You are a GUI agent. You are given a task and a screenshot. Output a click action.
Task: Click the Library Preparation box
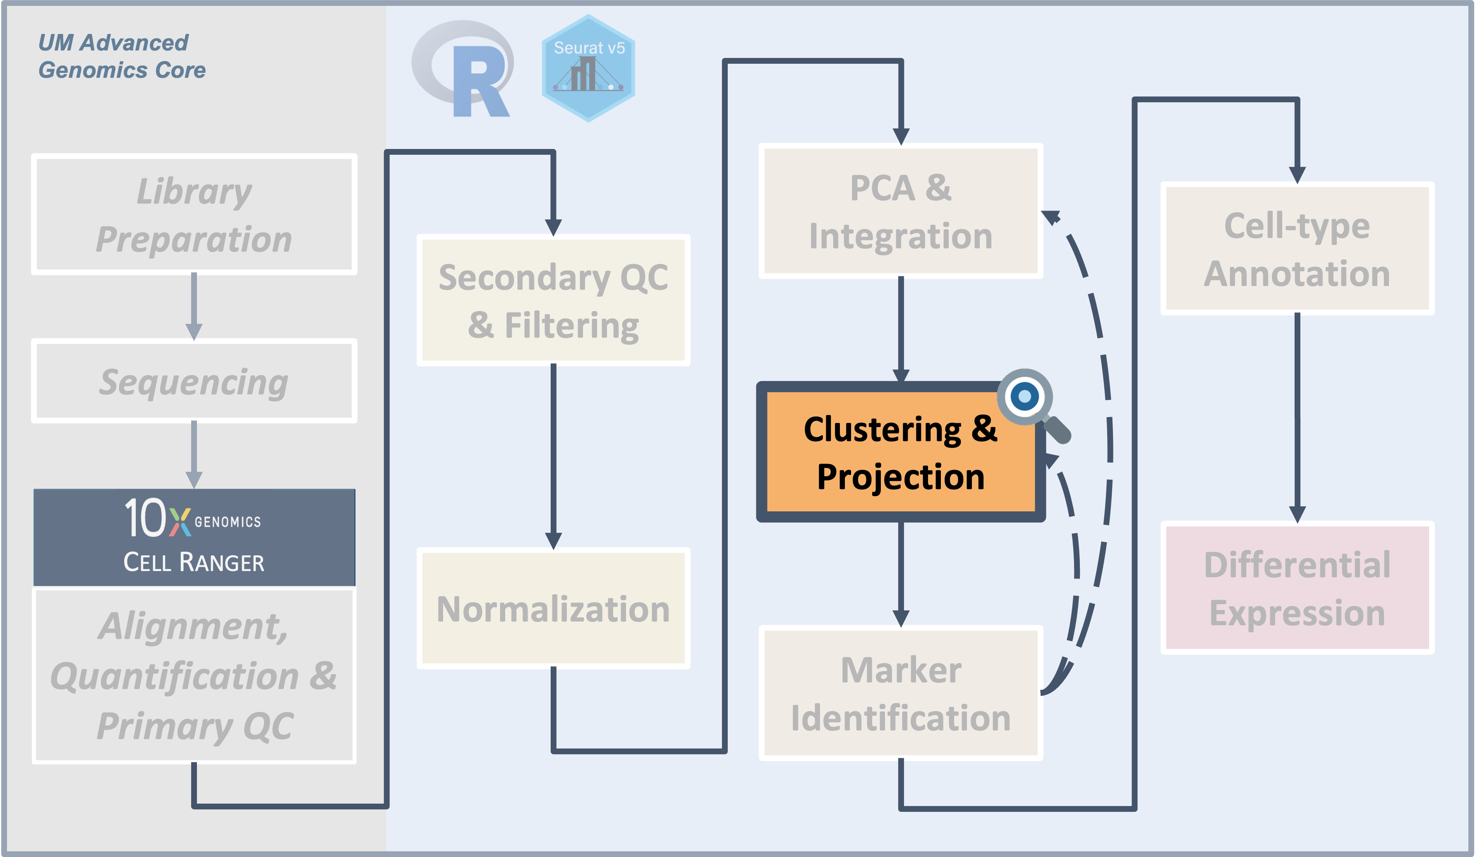tap(194, 214)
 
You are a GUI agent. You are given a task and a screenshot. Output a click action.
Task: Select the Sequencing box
tap(194, 381)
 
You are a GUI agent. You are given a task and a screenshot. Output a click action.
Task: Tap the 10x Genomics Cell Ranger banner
tap(194, 537)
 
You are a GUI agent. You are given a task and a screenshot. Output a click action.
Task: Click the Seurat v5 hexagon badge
tap(588, 69)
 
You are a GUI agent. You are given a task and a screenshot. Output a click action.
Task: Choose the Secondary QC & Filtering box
tap(553, 300)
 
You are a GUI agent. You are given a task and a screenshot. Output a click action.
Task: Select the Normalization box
tap(553, 609)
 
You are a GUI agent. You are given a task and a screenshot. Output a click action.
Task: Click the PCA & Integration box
tap(900, 211)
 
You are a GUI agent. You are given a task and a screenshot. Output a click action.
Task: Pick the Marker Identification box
tap(900, 694)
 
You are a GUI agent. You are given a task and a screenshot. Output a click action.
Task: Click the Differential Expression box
tap(1297, 588)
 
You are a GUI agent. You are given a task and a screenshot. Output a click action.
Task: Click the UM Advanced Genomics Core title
tap(122, 56)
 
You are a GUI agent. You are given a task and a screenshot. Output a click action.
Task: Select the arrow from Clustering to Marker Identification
tap(900, 574)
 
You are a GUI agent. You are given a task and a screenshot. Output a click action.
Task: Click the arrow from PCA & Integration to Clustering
tap(900, 328)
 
